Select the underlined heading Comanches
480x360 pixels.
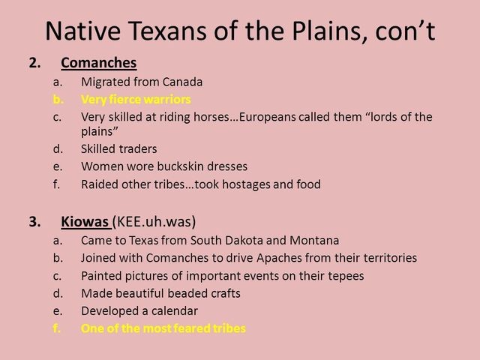pos(98,63)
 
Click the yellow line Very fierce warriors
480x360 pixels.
pos(136,99)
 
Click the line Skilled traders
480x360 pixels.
pos(118,148)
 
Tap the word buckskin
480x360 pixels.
pos(199,166)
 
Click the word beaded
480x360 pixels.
pos(184,292)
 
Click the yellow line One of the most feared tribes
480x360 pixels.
pos(163,328)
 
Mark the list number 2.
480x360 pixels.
pos(33,63)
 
